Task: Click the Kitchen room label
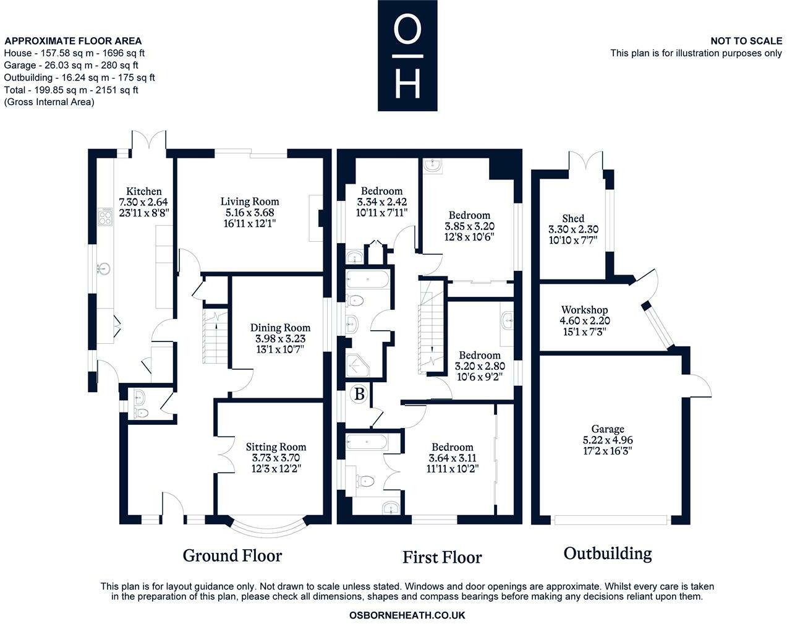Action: coord(143,191)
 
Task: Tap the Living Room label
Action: coord(250,202)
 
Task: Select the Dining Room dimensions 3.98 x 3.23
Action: coord(281,338)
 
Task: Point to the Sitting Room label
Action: coord(276,447)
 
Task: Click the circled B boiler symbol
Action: coord(359,394)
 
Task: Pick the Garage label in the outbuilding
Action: coord(608,429)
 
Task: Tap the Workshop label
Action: coord(585,310)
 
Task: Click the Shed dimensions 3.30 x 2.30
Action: coord(574,229)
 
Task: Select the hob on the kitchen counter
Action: coord(104,217)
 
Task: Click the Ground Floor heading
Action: coord(232,555)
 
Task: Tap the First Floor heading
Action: coord(442,557)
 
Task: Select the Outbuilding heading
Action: coord(608,554)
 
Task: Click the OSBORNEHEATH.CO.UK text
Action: coord(407,615)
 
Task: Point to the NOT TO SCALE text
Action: coord(746,41)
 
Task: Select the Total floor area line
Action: coord(71,90)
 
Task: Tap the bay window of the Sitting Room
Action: coord(268,527)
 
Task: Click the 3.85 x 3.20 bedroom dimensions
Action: coord(470,226)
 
